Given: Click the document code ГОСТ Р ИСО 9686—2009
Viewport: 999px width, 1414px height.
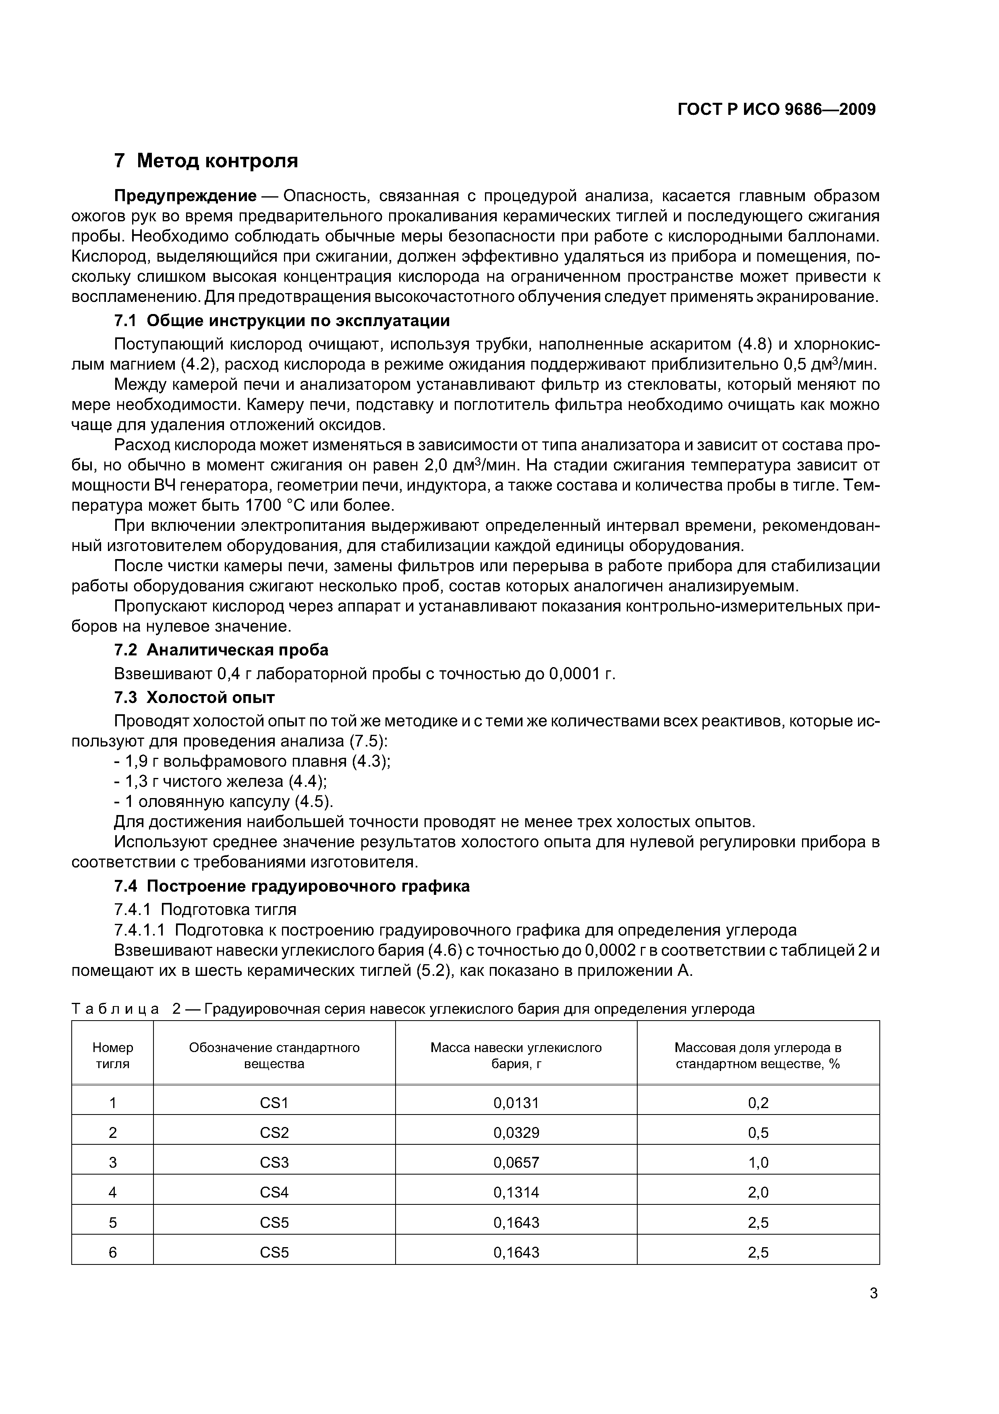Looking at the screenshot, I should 776,110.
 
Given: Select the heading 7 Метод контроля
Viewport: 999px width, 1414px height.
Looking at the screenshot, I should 206,161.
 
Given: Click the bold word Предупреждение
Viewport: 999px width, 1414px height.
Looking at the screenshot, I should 185,196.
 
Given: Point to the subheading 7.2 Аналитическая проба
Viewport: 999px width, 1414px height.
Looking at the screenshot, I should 222,650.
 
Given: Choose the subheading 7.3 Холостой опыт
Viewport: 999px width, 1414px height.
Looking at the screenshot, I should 195,697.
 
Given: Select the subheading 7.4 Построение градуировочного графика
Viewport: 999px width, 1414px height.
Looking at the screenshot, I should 292,886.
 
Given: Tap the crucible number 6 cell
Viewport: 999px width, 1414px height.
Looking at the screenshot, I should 113,1252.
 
